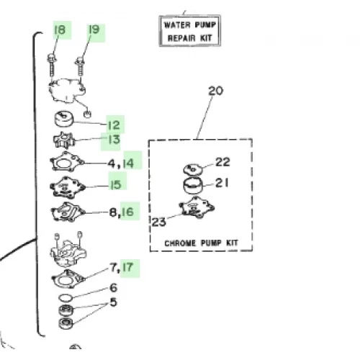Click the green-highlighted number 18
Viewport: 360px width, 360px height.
point(60,30)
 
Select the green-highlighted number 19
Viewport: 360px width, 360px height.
point(94,30)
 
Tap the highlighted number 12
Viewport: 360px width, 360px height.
point(114,125)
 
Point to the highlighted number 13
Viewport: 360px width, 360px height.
point(114,140)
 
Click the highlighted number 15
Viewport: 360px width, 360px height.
point(116,184)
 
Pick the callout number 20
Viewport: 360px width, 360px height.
point(215,91)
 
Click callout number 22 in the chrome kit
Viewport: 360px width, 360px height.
point(222,162)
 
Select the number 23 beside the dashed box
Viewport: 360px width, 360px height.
point(158,222)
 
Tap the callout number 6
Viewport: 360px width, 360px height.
point(113,288)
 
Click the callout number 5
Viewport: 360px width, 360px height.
point(113,302)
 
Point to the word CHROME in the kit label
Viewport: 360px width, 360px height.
point(180,243)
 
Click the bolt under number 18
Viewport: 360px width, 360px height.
point(52,66)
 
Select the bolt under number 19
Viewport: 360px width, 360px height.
point(80,66)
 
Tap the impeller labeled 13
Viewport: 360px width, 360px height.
point(64,140)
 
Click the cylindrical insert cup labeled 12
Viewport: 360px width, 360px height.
point(64,119)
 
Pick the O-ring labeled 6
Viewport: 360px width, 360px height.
point(66,298)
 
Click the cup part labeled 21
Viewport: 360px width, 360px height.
point(193,186)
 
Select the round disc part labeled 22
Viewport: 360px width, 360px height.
point(193,169)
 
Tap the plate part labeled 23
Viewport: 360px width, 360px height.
point(197,207)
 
